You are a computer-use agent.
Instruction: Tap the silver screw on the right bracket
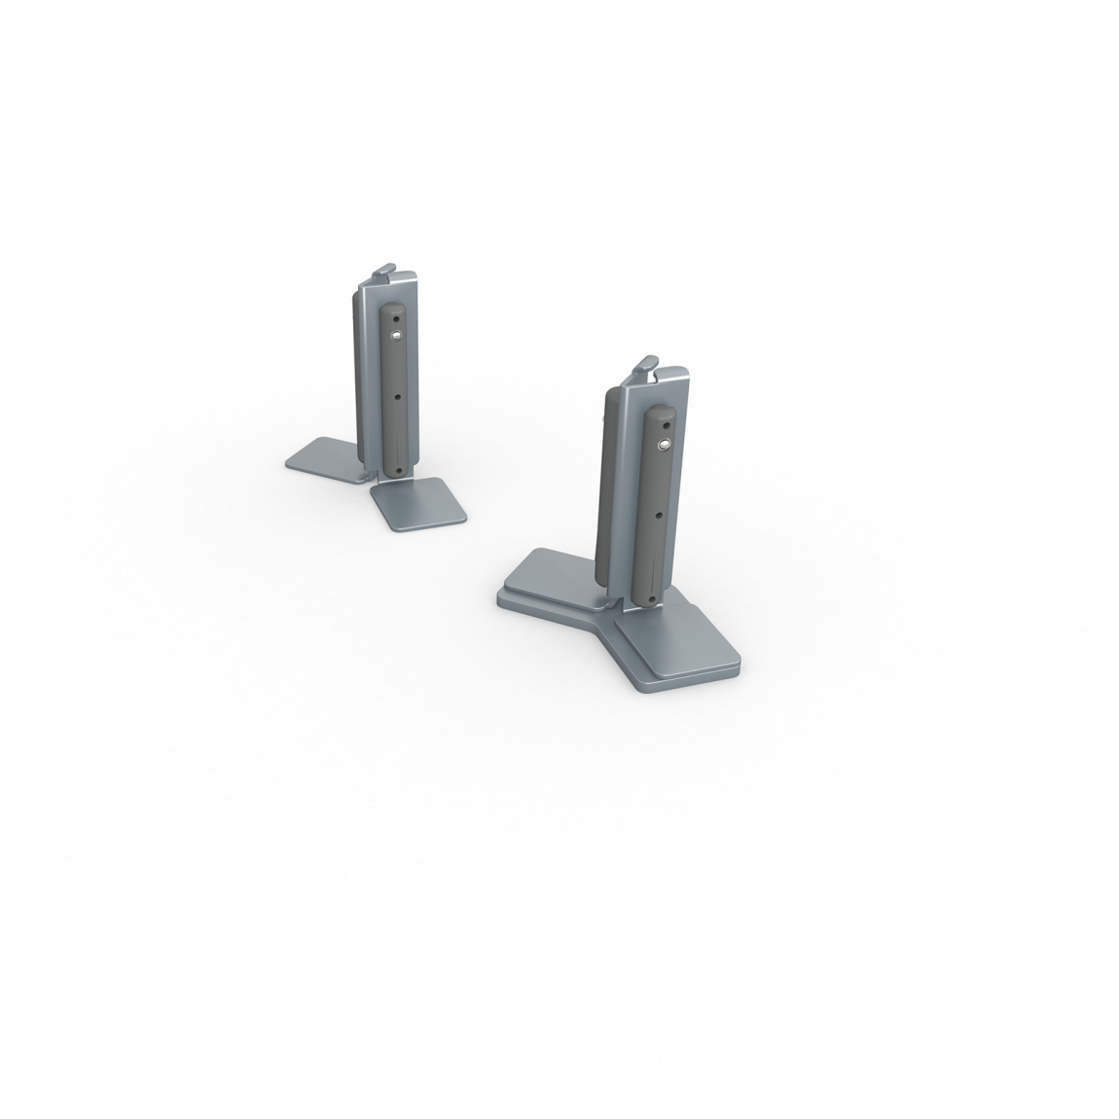pos(663,445)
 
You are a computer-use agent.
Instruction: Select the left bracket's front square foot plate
pos(417,506)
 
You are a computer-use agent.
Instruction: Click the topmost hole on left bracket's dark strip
pos(395,317)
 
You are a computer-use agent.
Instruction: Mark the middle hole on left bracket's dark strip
pos(397,396)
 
